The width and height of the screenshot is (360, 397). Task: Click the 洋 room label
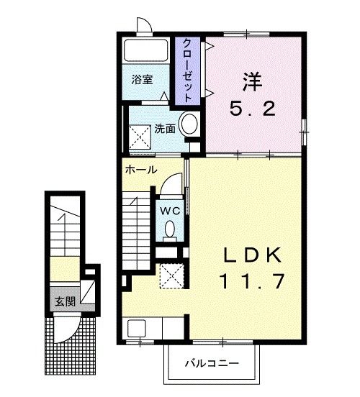click(251, 81)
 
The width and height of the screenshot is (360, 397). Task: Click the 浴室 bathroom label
click(142, 81)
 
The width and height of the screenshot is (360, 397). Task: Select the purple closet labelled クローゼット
click(187, 69)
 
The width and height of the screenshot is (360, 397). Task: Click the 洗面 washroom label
click(165, 129)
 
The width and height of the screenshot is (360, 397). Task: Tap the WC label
click(169, 211)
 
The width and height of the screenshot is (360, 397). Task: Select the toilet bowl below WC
click(170, 229)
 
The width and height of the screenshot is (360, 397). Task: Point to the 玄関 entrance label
click(63, 300)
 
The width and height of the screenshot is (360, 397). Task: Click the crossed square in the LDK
click(171, 276)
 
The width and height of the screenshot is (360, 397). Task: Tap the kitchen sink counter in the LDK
click(154, 329)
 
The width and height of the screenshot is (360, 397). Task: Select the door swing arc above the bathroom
click(143, 25)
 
